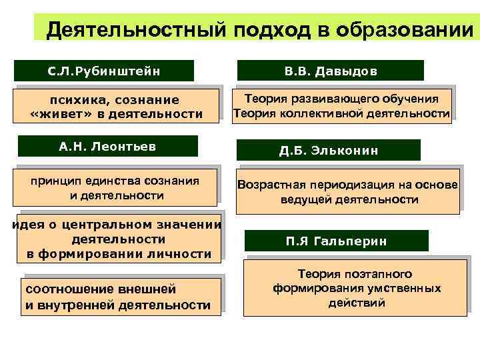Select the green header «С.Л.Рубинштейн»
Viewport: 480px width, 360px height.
[x=104, y=71]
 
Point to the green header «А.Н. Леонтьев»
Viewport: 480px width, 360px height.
[x=107, y=146]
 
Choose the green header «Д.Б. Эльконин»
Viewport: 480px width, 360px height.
[x=329, y=150]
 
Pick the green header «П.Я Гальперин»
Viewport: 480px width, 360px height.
[x=337, y=241]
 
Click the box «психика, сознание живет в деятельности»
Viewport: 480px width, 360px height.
[x=117, y=107]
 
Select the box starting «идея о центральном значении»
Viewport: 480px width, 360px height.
[x=118, y=239]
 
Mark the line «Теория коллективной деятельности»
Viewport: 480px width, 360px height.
[x=341, y=113]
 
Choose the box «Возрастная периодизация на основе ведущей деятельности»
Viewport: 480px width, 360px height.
[x=347, y=192]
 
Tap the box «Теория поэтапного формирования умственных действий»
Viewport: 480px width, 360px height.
[x=355, y=289]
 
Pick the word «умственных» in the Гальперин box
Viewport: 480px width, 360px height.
[x=406, y=289]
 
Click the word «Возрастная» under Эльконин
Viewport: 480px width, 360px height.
[x=273, y=185]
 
